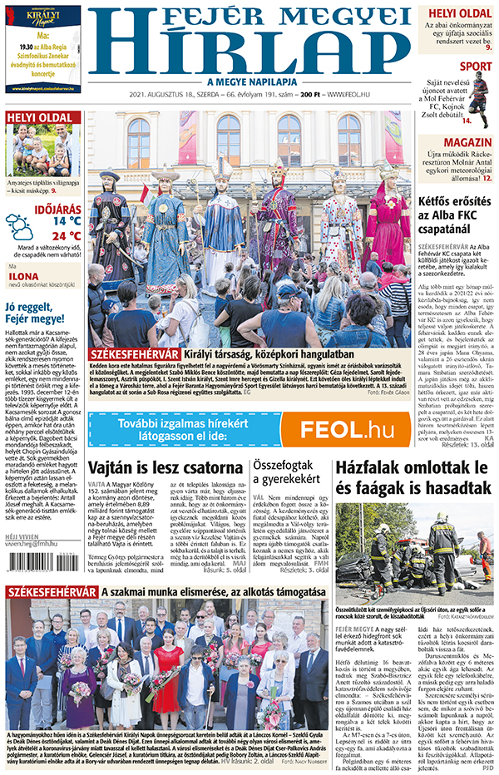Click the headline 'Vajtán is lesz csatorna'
(x=163, y=468)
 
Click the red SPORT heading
(x=476, y=66)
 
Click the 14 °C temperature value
(x=67, y=222)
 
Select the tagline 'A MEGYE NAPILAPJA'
(x=250, y=81)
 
